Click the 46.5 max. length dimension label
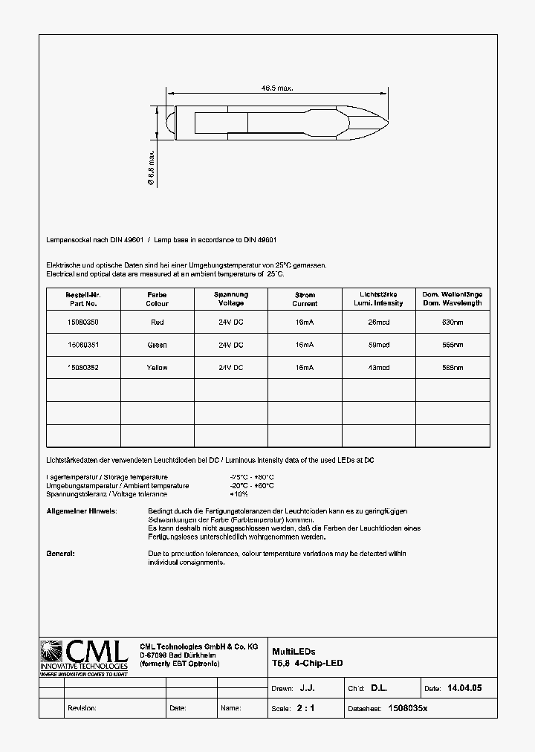[x=276, y=88]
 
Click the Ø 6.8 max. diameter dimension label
[x=151, y=167]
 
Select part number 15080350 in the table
[x=82, y=322]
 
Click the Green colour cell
[x=157, y=345]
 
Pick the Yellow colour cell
[x=157, y=368]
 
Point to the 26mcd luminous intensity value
[x=378, y=322]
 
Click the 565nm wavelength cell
[x=452, y=345]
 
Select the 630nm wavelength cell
[x=452, y=322]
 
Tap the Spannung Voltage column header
[x=231, y=299]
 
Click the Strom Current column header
[x=305, y=299]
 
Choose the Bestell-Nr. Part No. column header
[x=82, y=299]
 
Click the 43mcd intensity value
[x=378, y=368]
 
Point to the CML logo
[x=84, y=657]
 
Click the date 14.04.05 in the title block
[x=464, y=689]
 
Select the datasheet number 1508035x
[x=408, y=709]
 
